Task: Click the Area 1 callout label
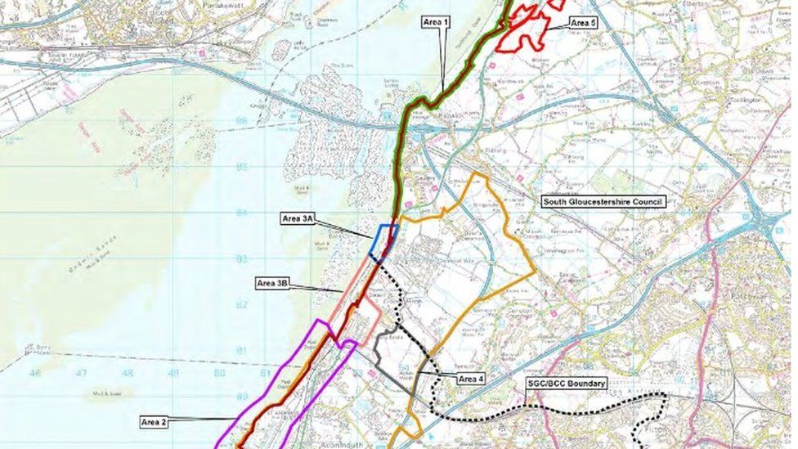click(x=436, y=23)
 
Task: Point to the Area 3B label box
click(x=272, y=283)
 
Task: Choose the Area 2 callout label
click(x=153, y=422)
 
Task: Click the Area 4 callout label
click(x=471, y=379)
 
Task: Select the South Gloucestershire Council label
click(x=604, y=201)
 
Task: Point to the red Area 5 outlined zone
click(x=527, y=29)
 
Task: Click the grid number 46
click(x=34, y=373)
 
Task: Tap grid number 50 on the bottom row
click(x=218, y=373)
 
